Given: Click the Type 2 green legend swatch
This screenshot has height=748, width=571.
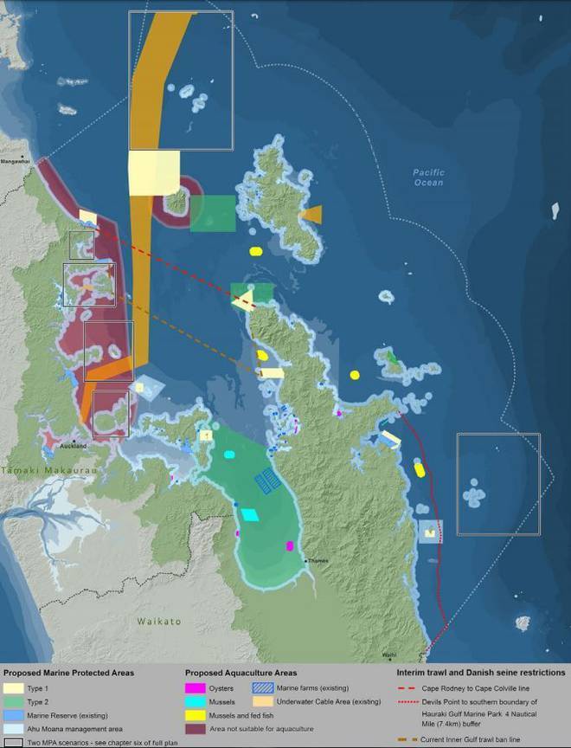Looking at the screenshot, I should click(16, 702).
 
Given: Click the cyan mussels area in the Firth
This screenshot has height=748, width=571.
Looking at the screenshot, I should click(249, 515).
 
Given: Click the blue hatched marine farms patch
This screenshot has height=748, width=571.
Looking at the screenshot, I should click(266, 480).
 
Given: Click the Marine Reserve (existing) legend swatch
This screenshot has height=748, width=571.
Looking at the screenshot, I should click(16, 715).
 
